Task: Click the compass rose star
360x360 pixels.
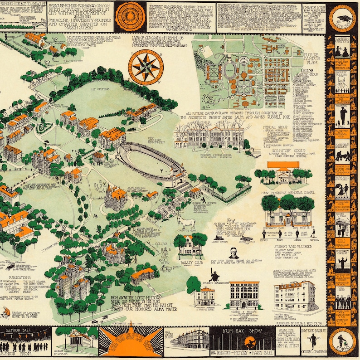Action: (x=146, y=67)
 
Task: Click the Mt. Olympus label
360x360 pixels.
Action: (x=101, y=90)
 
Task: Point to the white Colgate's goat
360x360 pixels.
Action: (x=186, y=222)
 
